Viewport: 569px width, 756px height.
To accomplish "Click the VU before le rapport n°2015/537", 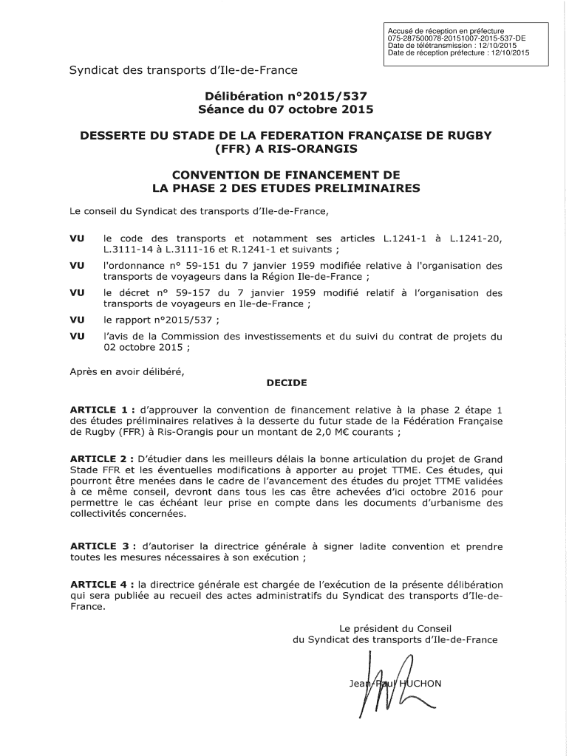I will click(x=77, y=320).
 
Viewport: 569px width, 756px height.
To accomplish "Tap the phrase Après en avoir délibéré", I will click(x=126, y=371).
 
